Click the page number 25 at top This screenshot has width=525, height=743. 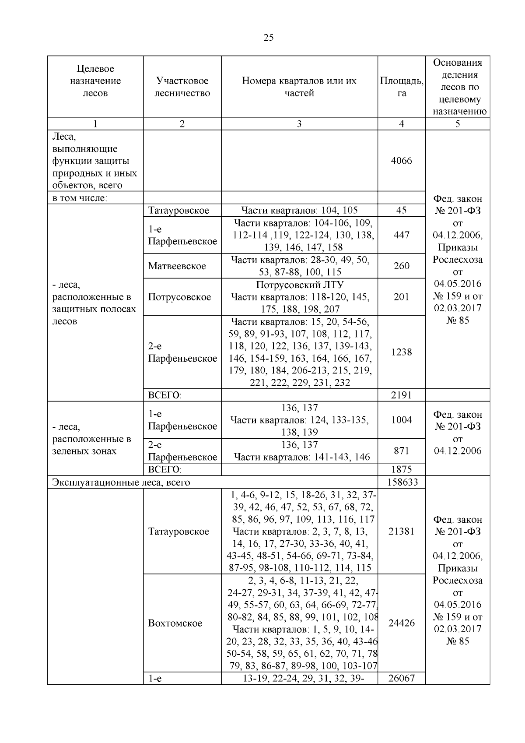[269, 38]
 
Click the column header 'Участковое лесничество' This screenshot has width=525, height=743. [182, 87]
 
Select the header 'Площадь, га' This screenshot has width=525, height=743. [401, 87]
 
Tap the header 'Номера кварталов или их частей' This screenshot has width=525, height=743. [299, 87]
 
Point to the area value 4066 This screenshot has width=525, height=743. [401, 161]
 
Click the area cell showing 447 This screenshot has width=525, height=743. [401, 235]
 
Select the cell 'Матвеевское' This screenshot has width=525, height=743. [177, 266]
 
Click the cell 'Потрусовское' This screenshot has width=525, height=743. [179, 297]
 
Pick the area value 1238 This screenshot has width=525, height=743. [401, 352]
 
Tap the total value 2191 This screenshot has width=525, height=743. [401, 395]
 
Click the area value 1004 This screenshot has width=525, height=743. [401, 420]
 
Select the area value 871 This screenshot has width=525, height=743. [401, 451]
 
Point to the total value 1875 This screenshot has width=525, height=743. [401, 469]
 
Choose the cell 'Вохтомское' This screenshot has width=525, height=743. [175, 623]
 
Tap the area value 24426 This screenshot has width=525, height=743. [401, 623]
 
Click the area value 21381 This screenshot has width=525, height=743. [401, 531]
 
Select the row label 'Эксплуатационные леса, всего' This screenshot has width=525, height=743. [121, 482]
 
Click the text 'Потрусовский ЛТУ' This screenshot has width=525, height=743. [299, 285]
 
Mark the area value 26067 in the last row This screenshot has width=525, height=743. [401, 679]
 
